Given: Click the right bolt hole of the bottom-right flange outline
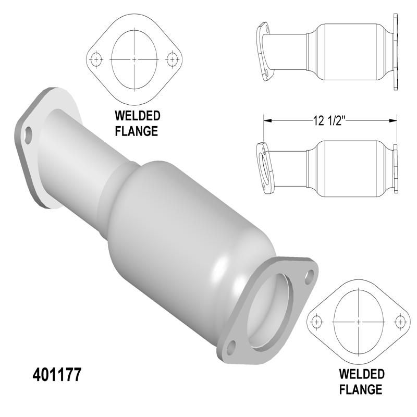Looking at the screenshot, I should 400,320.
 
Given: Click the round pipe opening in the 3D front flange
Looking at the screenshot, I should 271,310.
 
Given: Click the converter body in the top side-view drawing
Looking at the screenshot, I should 347,52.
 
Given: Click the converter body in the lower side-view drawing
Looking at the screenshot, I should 347,168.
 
